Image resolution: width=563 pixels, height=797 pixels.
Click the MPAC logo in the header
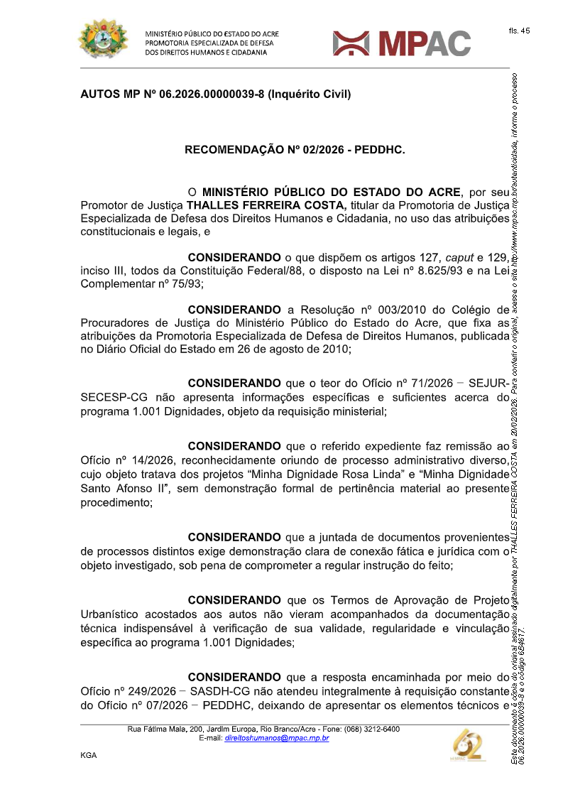point(402,43)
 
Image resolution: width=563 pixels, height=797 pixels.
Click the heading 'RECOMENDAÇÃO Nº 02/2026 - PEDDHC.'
point(295,150)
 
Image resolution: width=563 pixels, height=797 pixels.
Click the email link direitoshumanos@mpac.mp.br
point(276,738)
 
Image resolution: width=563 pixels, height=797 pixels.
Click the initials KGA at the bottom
point(89,755)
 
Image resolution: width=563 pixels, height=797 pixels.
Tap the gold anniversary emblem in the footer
point(469,744)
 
